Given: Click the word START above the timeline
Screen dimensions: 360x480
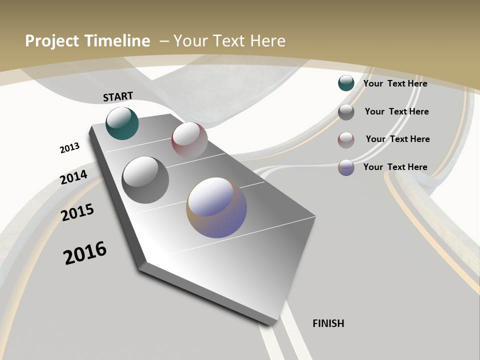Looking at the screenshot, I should click(x=118, y=96).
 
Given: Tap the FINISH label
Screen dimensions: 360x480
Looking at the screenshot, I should click(x=328, y=323).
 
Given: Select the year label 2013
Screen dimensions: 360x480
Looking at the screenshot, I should click(x=69, y=148).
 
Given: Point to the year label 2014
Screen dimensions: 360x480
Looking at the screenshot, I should click(x=73, y=177).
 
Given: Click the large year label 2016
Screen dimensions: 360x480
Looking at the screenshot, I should click(x=85, y=252).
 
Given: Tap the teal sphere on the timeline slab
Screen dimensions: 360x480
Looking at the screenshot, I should click(x=122, y=123).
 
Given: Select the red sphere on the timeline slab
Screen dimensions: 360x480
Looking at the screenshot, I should click(x=189, y=139).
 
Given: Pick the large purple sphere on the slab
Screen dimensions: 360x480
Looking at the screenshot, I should click(x=216, y=207).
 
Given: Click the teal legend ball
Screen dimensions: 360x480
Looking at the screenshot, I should click(x=346, y=83).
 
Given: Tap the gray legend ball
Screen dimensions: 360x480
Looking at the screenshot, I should click(x=346, y=112).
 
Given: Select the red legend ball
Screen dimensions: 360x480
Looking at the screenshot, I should click(x=346, y=140).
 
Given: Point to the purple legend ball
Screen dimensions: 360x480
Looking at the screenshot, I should click(x=346, y=167).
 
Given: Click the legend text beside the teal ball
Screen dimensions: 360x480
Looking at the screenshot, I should click(x=395, y=83).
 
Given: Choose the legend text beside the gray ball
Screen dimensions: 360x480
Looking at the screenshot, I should click(x=396, y=111).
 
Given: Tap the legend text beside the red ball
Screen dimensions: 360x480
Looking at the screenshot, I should click(x=397, y=139).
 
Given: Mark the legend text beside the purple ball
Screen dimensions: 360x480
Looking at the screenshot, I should click(x=395, y=167).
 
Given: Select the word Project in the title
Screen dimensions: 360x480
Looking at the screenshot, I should click(x=50, y=41).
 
